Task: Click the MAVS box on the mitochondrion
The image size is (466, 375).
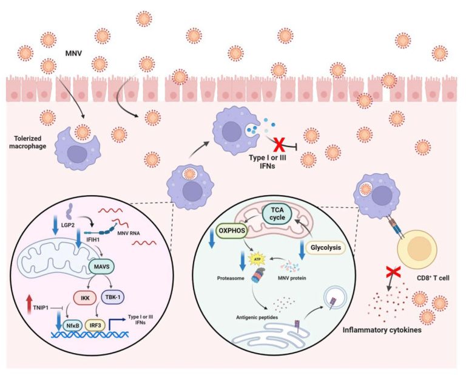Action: (102, 267)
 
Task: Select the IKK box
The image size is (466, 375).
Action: (85, 297)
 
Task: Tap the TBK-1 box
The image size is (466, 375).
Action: (113, 297)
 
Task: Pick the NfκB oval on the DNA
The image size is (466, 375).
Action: (73, 326)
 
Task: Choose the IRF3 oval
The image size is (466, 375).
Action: (95, 325)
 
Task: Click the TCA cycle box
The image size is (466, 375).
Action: (277, 214)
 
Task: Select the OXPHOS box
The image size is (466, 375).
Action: (232, 231)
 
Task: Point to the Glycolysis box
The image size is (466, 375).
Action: (326, 247)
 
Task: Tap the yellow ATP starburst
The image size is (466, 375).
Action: (257, 260)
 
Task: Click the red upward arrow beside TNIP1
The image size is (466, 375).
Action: (29, 304)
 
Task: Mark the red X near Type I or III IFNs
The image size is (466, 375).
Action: (279, 145)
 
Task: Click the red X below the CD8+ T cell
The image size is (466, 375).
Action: (393, 272)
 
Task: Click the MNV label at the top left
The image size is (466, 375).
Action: (73, 53)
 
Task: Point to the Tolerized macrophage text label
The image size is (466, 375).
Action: (28, 142)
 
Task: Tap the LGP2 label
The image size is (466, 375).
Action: (68, 225)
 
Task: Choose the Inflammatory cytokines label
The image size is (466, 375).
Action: (382, 330)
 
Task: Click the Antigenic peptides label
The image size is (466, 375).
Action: (257, 317)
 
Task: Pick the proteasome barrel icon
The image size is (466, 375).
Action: (257, 275)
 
